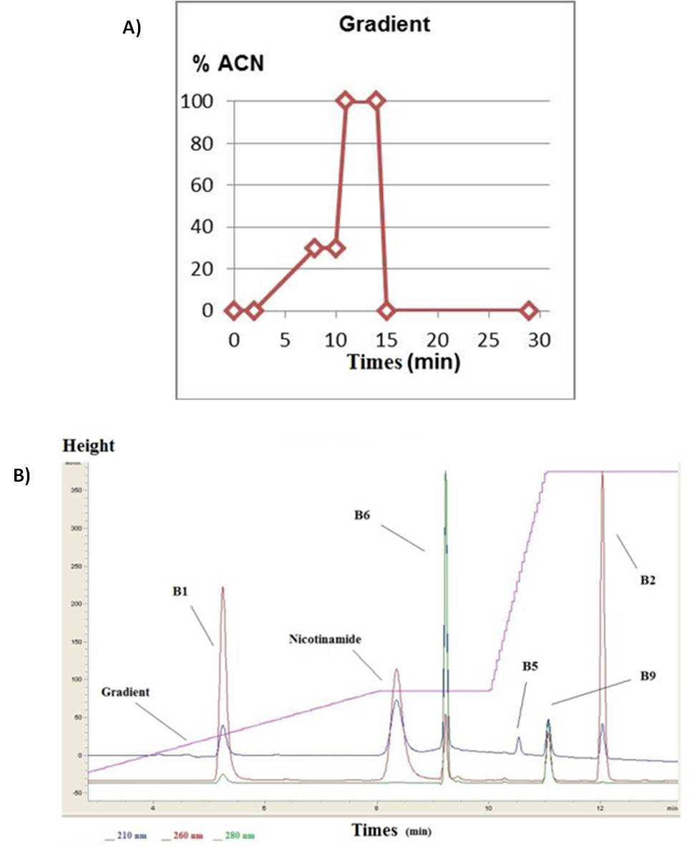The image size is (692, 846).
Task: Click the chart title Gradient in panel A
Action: [384, 24]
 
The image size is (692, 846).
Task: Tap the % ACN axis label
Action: [228, 64]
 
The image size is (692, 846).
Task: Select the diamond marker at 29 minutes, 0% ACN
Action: [529, 311]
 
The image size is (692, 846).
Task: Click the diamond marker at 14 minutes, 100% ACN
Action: [376, 101]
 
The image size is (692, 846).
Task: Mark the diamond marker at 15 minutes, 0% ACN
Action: [386, 311]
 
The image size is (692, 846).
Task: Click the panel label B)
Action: [23, 477]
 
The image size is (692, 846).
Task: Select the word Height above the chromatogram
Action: [89, 446]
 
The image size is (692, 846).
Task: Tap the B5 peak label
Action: [530, 666]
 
